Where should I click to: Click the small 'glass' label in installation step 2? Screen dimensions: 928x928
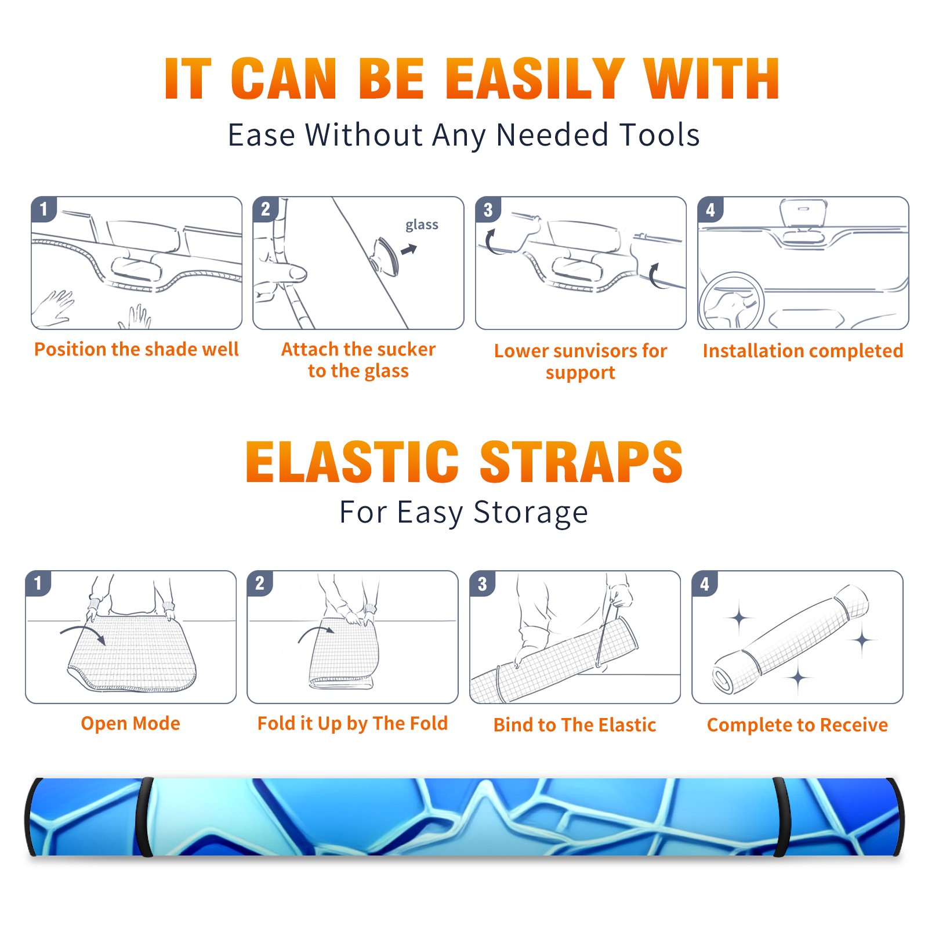click(x=422, y=224)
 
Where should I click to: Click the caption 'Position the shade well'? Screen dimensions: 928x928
click(x=136, y=349)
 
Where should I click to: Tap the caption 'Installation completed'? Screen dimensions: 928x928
click(x=803, y=350)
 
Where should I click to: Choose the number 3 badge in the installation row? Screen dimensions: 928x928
click(x=488, y=209)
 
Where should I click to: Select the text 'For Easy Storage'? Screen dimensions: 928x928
click(x=464, y=512)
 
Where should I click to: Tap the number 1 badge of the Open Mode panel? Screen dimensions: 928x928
click(x=38, y=583)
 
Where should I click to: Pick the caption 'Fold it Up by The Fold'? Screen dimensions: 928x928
click(x=353, y=723)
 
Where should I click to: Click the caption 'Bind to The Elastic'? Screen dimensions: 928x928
click(x=575, y=724)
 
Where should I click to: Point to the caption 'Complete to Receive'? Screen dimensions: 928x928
click(x=797, y=724)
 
